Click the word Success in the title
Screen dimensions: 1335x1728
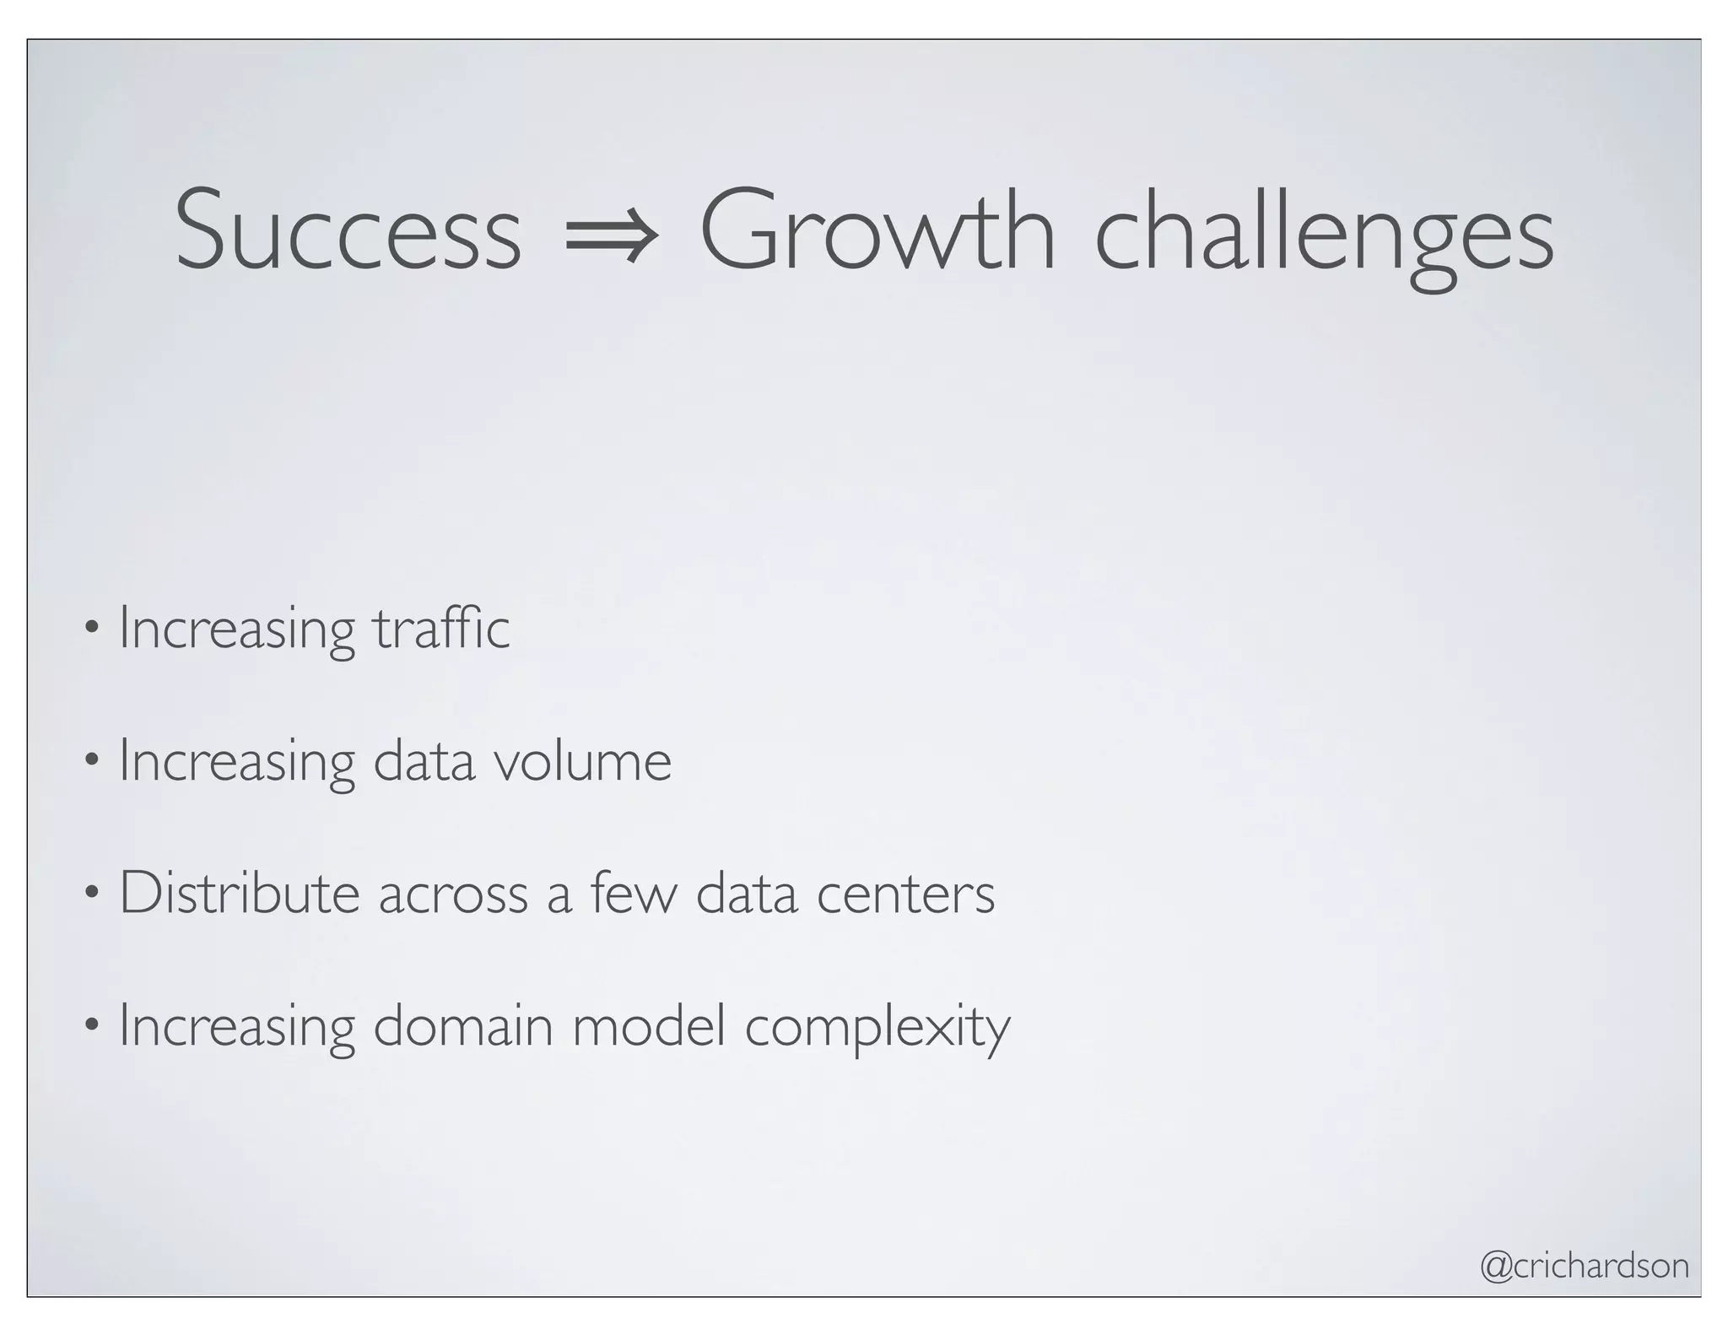click(x=348, y=230)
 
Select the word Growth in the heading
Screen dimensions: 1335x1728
click(x=877, y=230)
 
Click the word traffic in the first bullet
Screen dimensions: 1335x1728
click(x=441, y=629)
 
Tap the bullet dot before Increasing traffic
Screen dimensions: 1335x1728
click(x=92, y=629)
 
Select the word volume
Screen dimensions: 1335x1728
click(x=582, y=760)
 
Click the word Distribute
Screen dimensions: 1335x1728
click(x=240, y=893)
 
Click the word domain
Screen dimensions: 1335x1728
click(x=462, y=1026)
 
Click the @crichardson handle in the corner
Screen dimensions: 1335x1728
click(x=1585, y=1266)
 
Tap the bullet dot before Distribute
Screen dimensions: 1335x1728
click(x=92, y=893)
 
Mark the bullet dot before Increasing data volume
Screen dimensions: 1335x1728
click(x=92, y=760)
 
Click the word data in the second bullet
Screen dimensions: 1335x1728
click(x=424, y=760)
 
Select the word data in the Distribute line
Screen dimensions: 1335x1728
click(x=746, y=893)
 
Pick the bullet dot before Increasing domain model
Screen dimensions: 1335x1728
click(x=92, y=1026)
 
